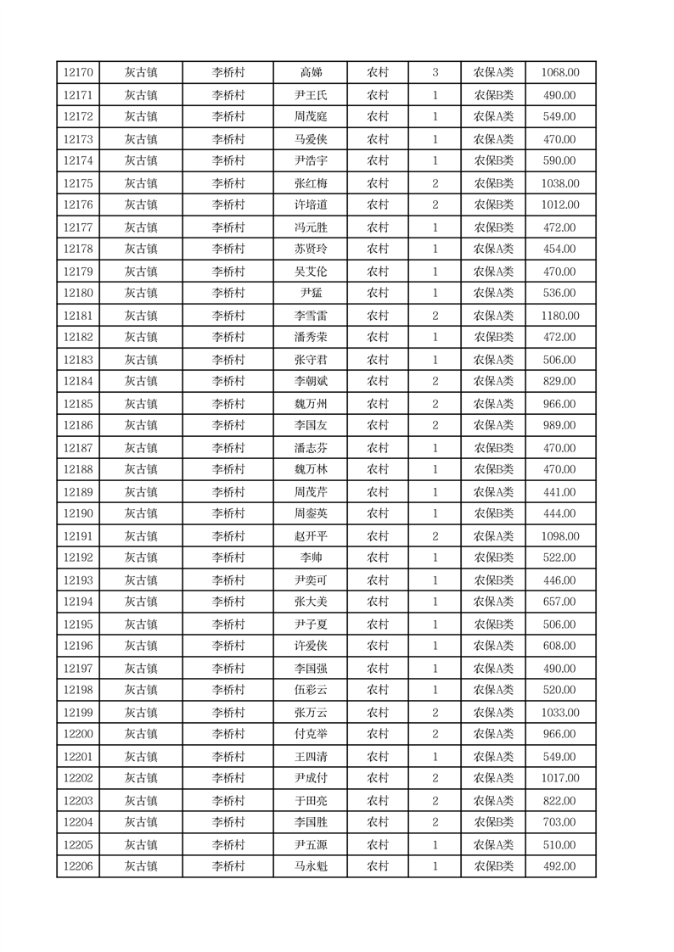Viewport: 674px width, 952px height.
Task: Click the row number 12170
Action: tap(78, 73)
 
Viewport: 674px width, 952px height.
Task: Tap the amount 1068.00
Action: tap(559, 73)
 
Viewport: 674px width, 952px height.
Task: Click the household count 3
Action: tap(435, 73)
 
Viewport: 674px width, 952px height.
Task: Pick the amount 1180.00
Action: tap(559, 316)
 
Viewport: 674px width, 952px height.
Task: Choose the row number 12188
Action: tap(78, 470)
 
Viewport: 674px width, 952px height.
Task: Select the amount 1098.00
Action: tap(559, 536)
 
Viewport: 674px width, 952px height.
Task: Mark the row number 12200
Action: tap(78, 735)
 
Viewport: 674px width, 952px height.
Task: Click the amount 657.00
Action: tap(559, 602)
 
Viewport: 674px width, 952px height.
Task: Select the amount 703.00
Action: tap(559, 823)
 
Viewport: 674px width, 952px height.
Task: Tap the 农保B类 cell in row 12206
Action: tap(493, 867)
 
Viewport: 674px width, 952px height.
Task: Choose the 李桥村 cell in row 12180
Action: tap(228, 294)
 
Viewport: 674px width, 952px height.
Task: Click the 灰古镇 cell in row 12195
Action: tap(141, 624)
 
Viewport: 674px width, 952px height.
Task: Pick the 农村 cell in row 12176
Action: tap(378, 205)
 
